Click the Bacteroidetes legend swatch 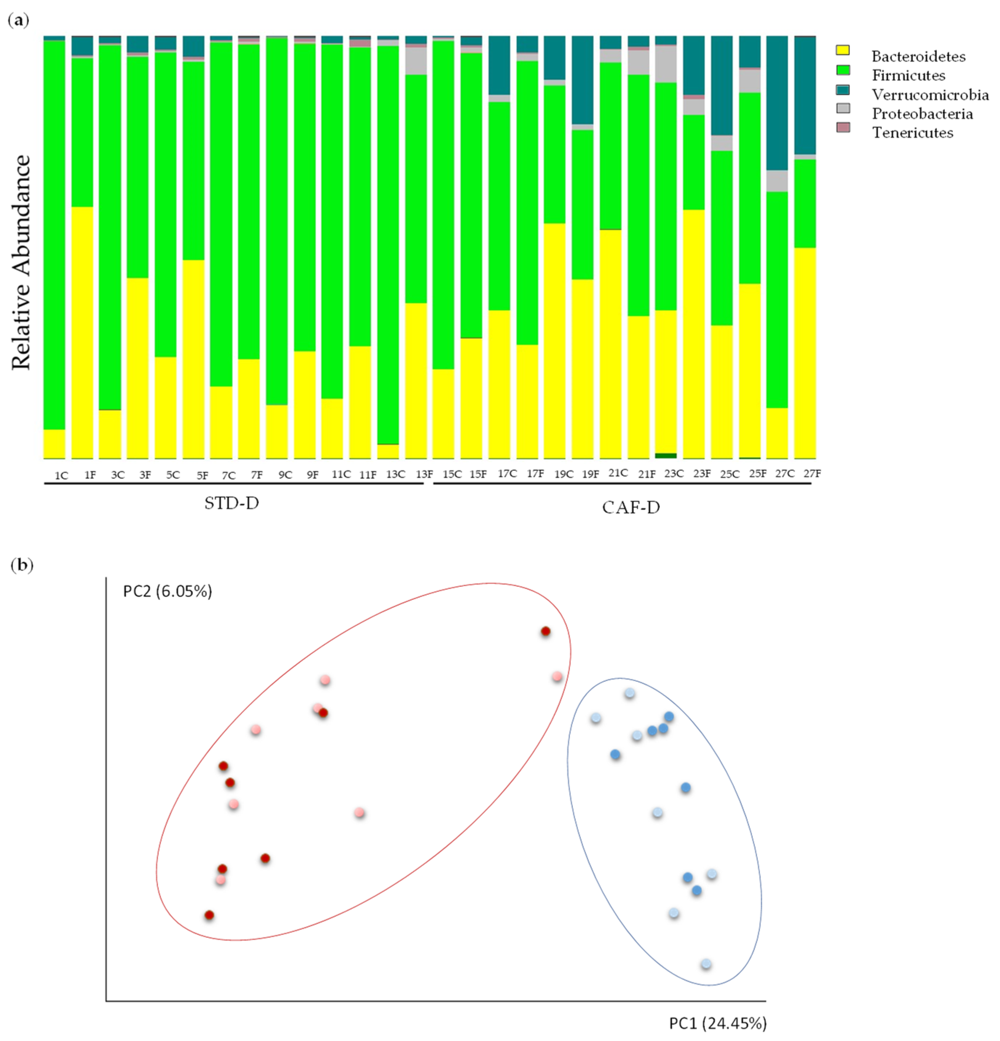tap(842, 50)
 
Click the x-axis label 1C tap(61, 475)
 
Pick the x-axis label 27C tap(784, 473)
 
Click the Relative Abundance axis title tap(21, 263)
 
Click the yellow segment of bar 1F tap(82, 332)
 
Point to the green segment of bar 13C tap(388, 244)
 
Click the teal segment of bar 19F tap(582, 80)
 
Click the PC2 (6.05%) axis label tap(168, 591)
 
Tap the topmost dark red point tap(545, 631)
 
